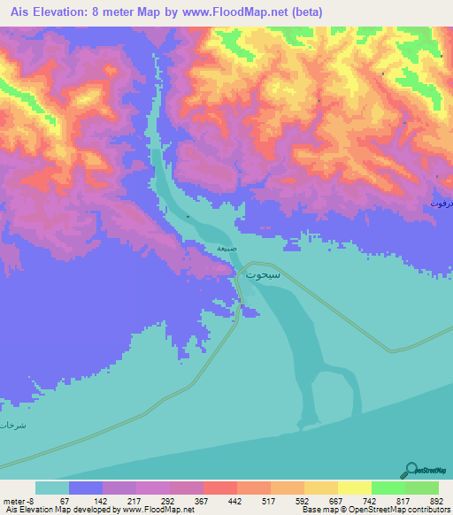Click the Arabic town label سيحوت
click(261, 276)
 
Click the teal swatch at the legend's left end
click(51, 488)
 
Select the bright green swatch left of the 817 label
click(388, 488)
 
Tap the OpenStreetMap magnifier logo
click(410, 470)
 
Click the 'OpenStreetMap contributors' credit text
click(406, 511)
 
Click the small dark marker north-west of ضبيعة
click(188, 217)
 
